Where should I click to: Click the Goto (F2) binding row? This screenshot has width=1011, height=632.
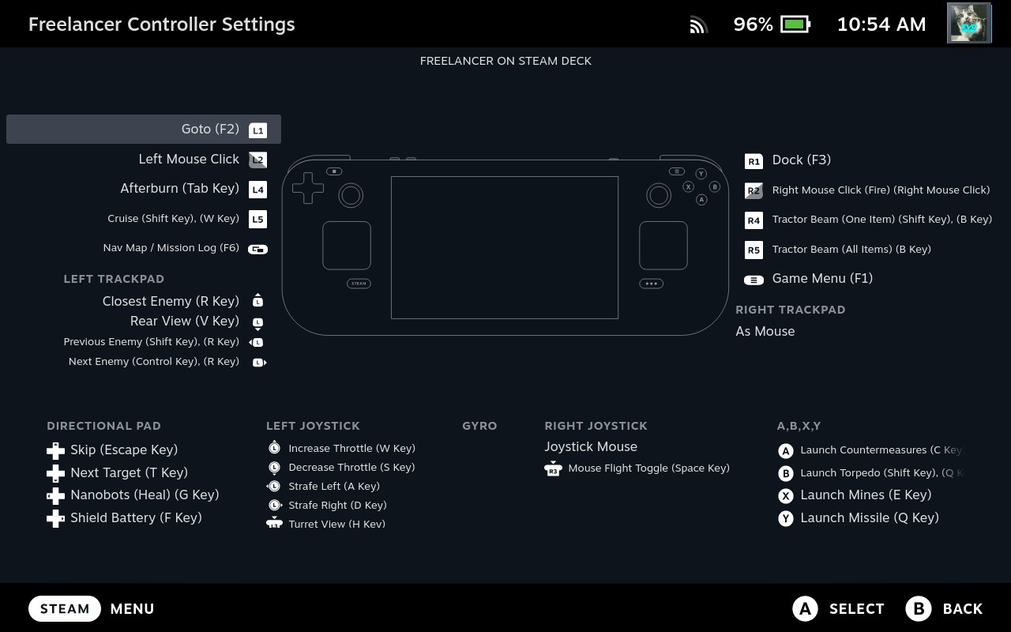click(x=144, y=129)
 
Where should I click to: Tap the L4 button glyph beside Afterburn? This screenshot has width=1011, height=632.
click(x=257, y=190)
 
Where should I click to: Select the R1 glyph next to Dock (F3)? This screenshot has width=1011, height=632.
click(x=754, y=161)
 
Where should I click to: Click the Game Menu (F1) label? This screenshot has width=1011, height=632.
click(x=822, y=279)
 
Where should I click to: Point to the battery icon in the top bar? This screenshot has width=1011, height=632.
click(x=795, y=24)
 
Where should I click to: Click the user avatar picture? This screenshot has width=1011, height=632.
click(x=969, y=23)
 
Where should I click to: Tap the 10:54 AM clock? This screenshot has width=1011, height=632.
click(x=881, y=24)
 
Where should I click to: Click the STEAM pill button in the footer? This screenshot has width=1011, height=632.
click(x=65, y=608)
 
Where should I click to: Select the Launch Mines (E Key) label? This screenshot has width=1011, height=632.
click(x=866, y=495)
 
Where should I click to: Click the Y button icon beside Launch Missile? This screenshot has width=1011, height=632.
click(x=786, y=518)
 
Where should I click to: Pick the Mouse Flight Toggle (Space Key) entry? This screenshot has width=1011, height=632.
click(x=648, y=468)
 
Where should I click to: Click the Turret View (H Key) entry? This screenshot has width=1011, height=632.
click(x=336, y=524)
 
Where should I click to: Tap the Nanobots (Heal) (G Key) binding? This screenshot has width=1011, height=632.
click(x=145, y=495)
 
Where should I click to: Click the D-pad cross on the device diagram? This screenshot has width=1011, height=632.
click(x=308, y=188)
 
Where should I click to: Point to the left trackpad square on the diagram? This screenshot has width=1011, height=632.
click(x=347, y=246)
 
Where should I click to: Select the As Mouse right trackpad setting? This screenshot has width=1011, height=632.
click(x=765, y=331)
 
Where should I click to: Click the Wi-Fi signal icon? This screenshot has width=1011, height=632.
click(x=698, y=24)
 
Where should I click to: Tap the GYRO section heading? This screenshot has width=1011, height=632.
click(x=479, y=426)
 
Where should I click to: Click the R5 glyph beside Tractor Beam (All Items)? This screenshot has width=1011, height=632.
click(x=754, y=250)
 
